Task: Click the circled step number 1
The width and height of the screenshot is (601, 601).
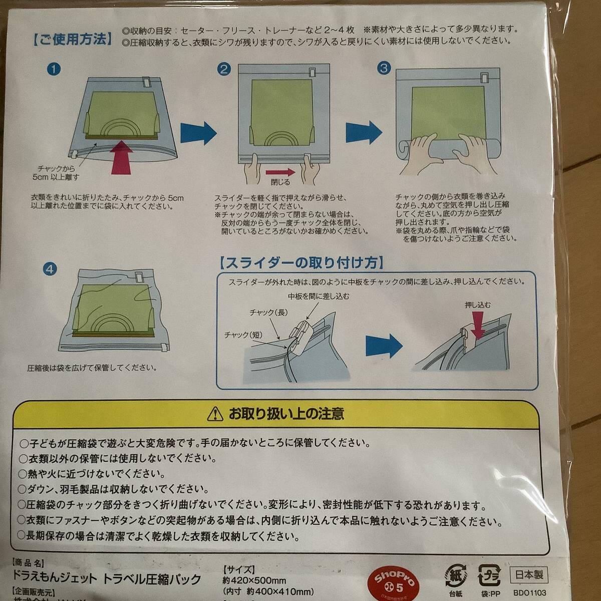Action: (x=54, y=69)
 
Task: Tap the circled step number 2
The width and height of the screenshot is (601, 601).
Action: (x=224, y=69)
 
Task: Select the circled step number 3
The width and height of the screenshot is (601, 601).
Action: (x=384, y=68)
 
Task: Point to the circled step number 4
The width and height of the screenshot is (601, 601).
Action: (x=50, y=269)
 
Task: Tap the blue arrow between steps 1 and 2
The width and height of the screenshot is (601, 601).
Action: (x=198, y=133)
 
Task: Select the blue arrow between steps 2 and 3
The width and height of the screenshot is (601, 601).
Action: (x=364, y=132)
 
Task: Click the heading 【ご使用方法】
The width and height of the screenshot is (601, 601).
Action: (x=73, y=40)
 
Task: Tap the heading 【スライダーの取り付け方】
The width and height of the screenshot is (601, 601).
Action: (x=302, y=262)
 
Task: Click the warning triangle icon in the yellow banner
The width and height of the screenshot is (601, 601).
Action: (x=215, y=414)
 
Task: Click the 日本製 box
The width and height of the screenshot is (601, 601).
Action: (x=529, y=575)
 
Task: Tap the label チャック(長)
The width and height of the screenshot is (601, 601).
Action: (x=269, y=313)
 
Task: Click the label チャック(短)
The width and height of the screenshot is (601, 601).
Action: (x=243, y=335)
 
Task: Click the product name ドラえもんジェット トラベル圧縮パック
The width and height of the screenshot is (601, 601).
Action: (x=106, y=579)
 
